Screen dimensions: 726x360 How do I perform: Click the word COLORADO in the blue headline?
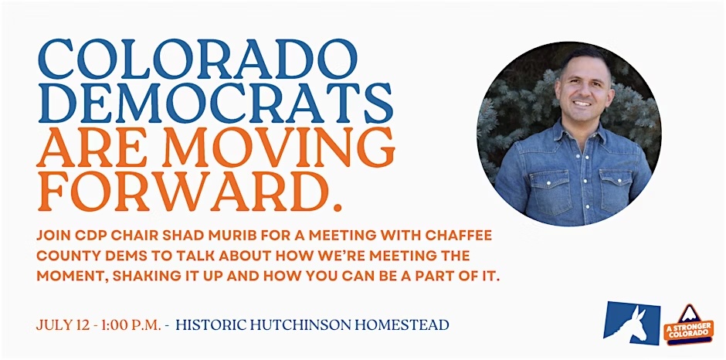tap(198, 59)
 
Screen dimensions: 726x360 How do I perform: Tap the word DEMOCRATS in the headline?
tap(215, 103)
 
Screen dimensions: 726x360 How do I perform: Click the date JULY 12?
tap(59, 325)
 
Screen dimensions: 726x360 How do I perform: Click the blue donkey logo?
tap(632, 322)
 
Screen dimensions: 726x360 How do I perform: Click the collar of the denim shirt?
tap(580, 133)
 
